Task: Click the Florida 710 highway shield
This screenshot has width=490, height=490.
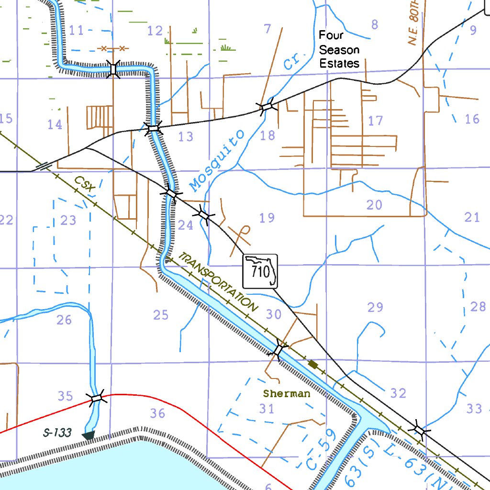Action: point(260,271)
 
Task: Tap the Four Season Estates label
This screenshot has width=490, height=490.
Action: point(339,49)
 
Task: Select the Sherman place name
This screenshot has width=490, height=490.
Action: point(287,394)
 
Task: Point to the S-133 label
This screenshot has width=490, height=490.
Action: point(57,433)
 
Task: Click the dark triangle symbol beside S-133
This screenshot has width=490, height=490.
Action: point(88,435)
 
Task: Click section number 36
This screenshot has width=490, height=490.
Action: point(157,413)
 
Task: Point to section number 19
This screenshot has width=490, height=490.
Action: point(267,218)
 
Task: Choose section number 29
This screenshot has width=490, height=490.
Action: point(375,307)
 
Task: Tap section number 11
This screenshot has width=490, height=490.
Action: point(76,31)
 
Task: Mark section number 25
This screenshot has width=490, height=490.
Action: point(161,315)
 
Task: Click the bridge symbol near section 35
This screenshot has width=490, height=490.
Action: point(97,398)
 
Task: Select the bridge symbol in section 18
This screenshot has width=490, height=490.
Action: point(266,107)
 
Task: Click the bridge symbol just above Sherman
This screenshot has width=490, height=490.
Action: point(278,349)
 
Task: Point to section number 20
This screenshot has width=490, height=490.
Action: point(374,205)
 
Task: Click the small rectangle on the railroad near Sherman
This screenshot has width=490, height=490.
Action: point(313,365)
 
